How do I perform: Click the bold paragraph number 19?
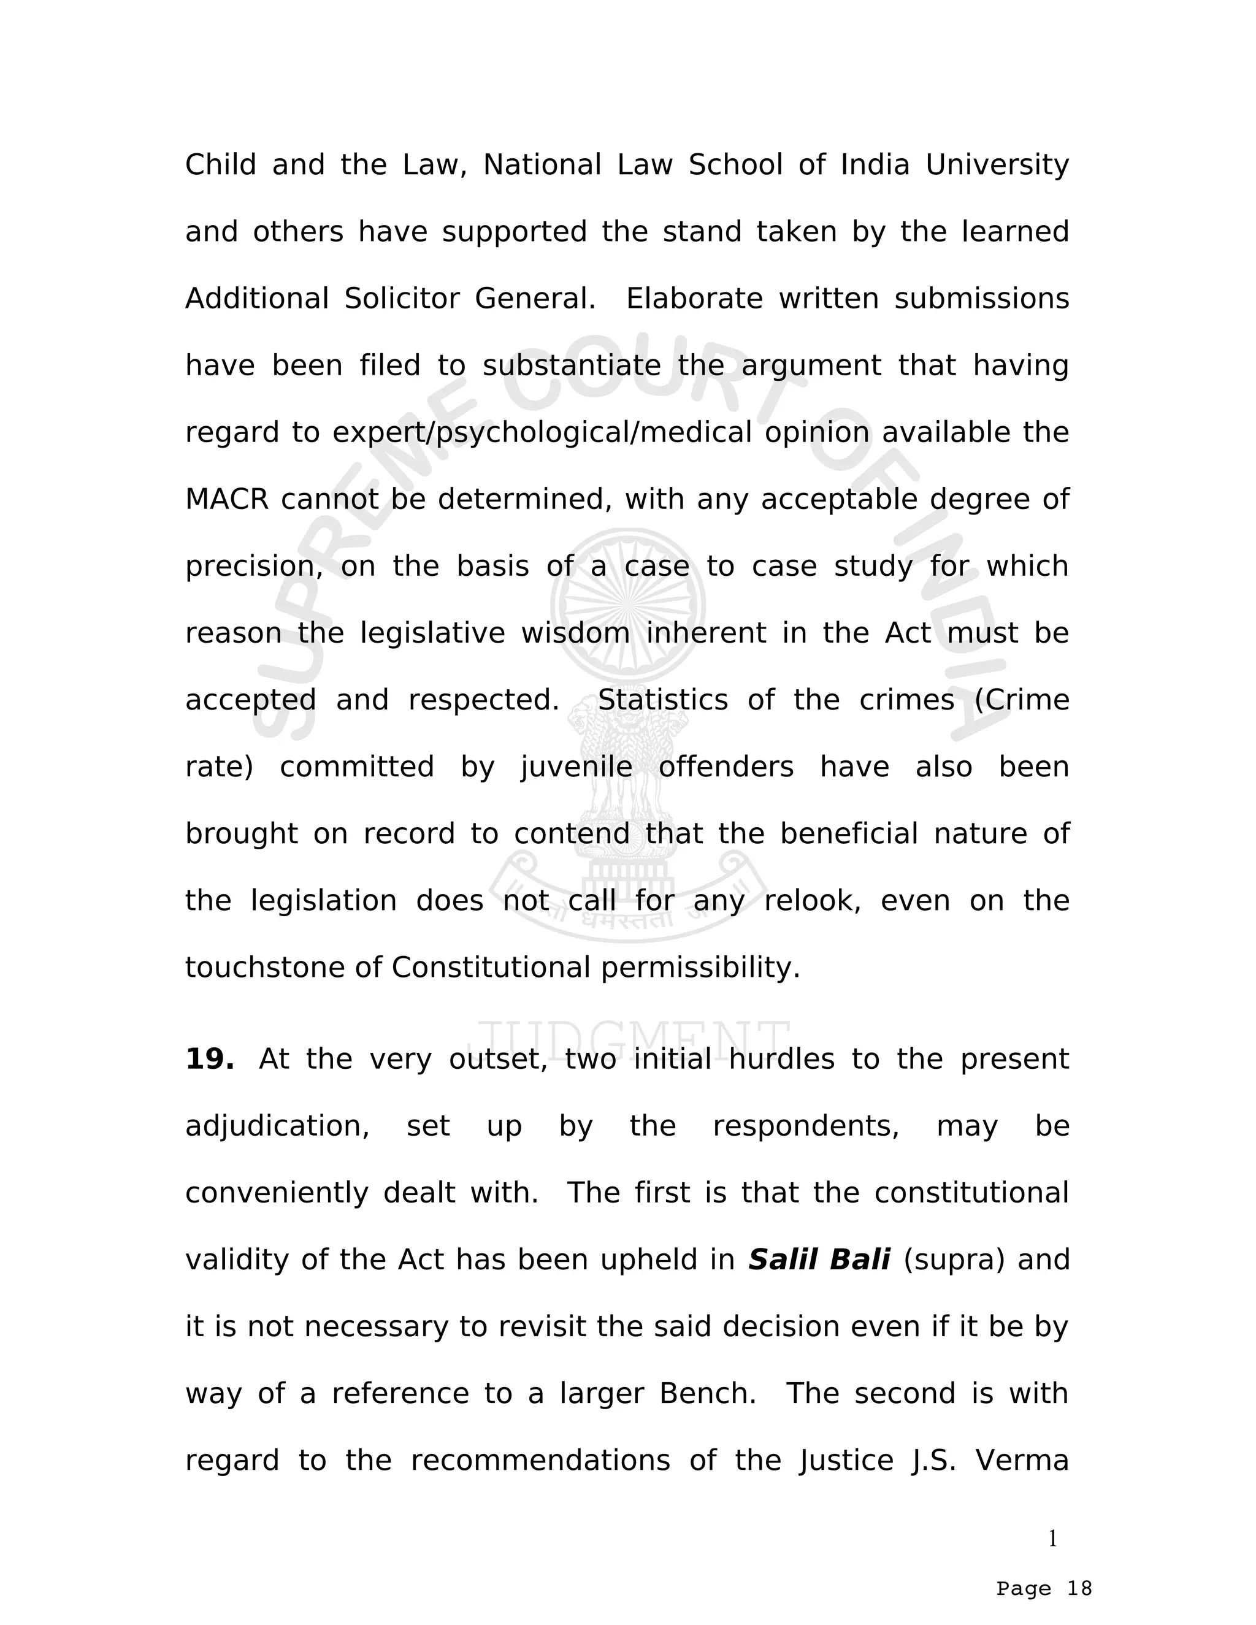tap(209, 1060)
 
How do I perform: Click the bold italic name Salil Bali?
tap(819, 1260)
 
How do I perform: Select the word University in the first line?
tap(997, 165)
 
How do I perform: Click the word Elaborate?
tap(694, 299)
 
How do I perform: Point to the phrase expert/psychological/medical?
tap(542, 433)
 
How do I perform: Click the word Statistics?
tap(662, 700)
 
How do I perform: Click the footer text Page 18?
tap(1043, 1589)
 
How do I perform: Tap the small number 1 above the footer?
tap(1052, 1539)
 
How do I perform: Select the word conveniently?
tap(276, 1193)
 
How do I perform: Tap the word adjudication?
tap(277, 1126)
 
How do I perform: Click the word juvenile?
tap(576, 767)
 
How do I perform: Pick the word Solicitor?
tap(402, 299)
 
